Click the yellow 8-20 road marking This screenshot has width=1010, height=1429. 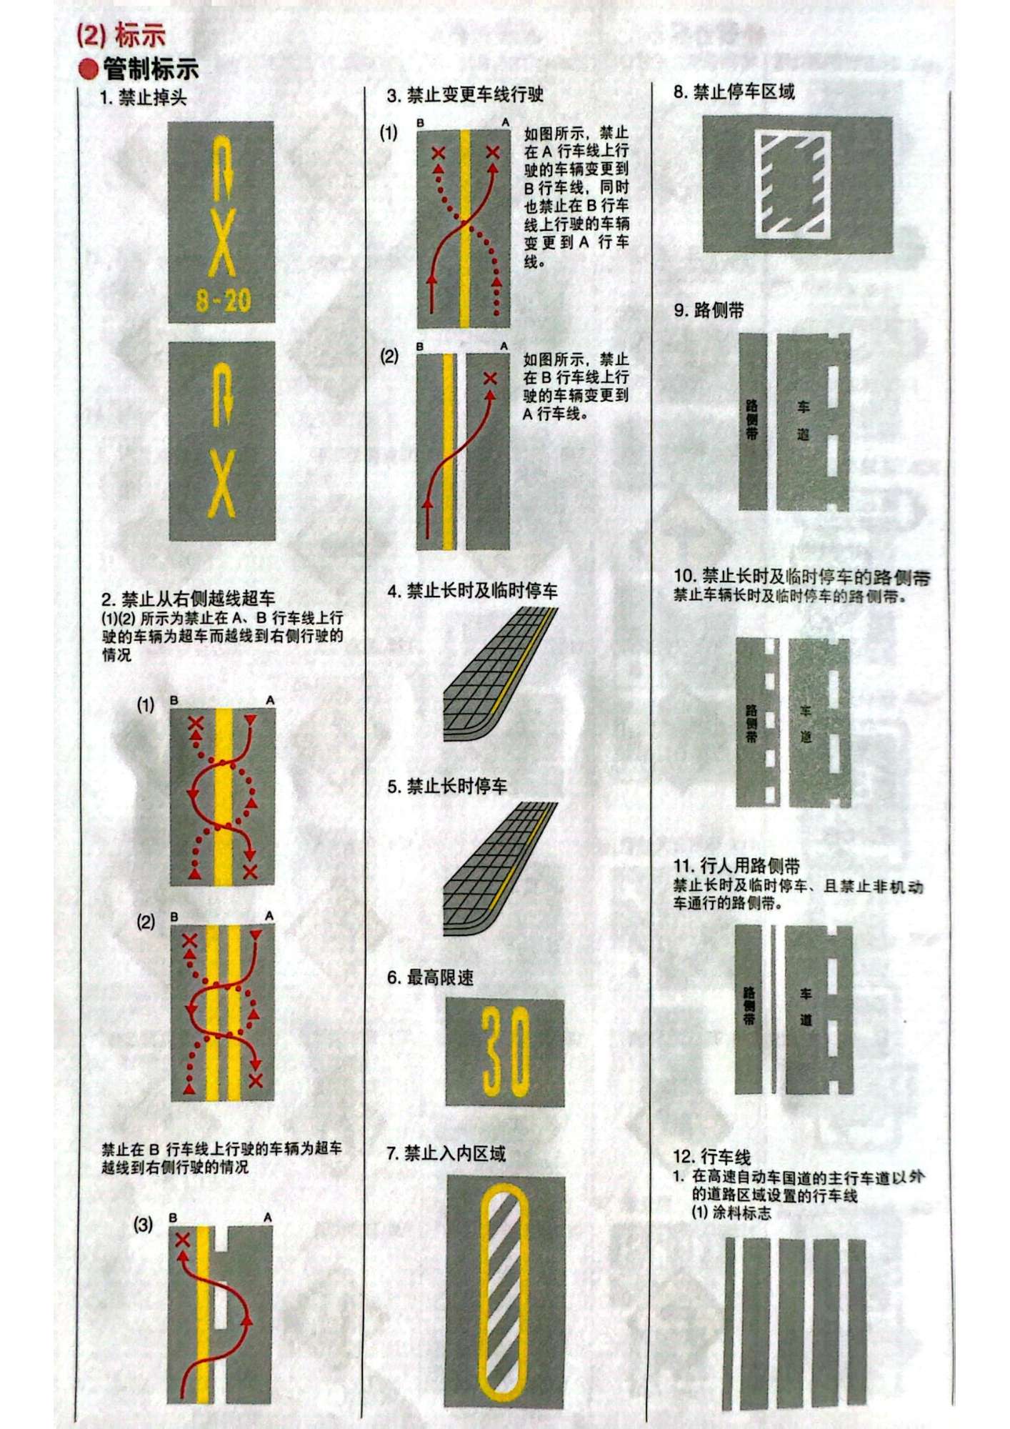[x=223, y=299]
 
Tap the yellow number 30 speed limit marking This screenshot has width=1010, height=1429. [x=505, y=1052]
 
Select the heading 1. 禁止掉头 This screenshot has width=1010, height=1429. [x=144, y=97]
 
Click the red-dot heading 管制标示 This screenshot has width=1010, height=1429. [x=139, y=69]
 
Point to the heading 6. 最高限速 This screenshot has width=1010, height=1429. [x=430, y=977]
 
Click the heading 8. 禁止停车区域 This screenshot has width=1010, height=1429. [x=734, y=91]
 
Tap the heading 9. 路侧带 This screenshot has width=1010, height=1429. [x=709, y=310]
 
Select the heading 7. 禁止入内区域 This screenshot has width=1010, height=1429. [x=446, y=1153]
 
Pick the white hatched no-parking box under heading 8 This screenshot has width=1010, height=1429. [x=793, y=184]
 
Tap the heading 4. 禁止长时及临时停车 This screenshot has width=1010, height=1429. [x=472, y=591]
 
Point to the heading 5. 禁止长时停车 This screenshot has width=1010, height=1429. [x=447, y=786]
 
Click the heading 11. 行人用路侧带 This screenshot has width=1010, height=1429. [x=736, y=866]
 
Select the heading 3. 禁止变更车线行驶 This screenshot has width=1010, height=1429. [x=465, y=94]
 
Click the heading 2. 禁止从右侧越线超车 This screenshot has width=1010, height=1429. [x=188, y=598]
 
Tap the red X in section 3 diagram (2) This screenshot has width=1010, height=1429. [x=490, y=378]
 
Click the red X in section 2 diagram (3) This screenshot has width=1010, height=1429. [x=182, y=1240]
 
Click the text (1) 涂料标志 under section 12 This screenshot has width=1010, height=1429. [x=731, y=1213]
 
